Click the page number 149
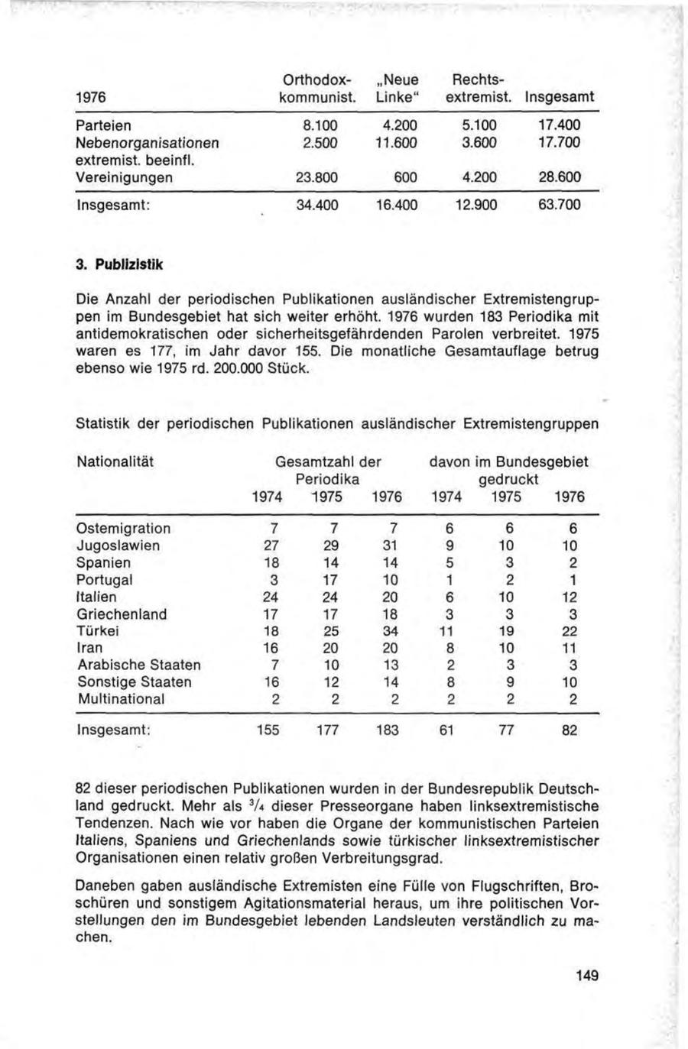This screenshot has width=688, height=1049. [586, 976]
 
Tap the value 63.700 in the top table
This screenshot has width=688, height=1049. [562, 206]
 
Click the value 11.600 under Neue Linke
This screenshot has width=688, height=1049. [397, 142]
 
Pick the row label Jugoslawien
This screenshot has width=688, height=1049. [118, 546]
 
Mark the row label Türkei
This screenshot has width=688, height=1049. [98, 631]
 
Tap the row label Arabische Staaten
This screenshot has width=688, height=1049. [139, 665]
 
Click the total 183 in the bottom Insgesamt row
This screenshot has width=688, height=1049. [387, 730]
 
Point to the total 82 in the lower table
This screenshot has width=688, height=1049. [570, 730]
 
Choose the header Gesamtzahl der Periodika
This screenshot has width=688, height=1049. [328, 471]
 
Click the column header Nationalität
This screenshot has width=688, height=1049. [115, 461]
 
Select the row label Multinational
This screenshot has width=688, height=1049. [121, 698]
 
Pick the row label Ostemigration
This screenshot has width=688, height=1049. [124, 529]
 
